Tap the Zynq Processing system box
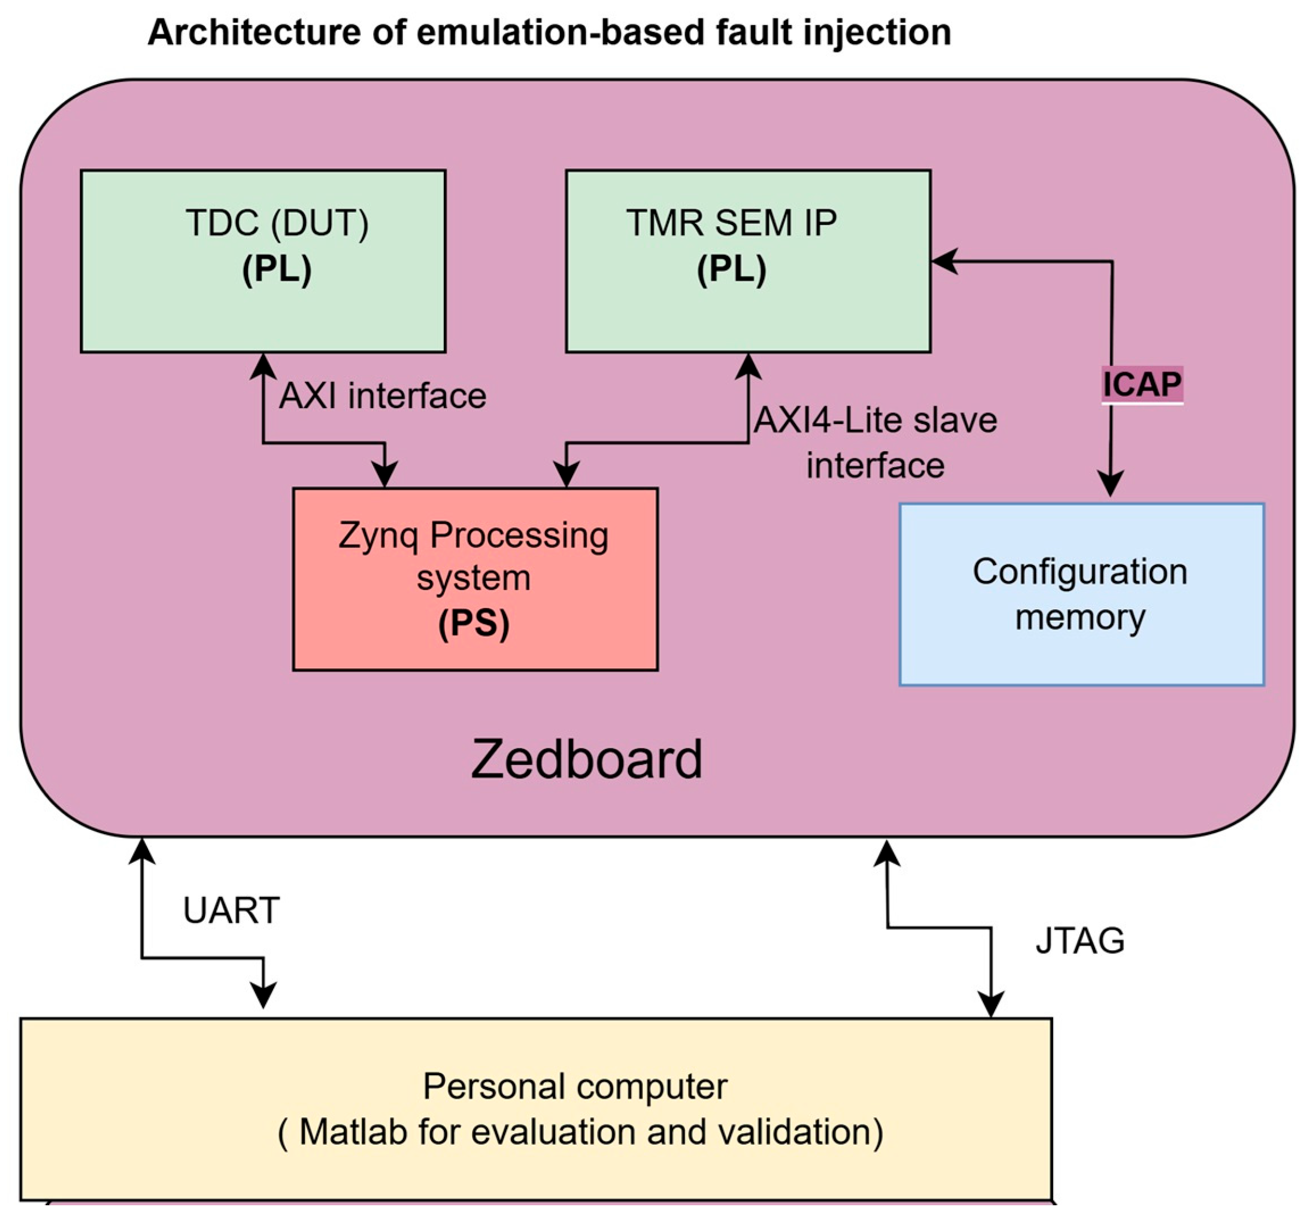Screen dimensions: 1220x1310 click(475, 580)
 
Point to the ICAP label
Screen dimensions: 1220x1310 click(1142, 385)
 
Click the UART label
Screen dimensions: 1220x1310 click(231, 911)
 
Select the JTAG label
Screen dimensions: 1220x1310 click(1080, 941)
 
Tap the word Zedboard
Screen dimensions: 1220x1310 click(586, 759)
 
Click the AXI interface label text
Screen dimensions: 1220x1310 click(382, 397)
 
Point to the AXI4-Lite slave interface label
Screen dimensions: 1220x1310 click(875, 443)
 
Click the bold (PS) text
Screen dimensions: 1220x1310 click(474, 623)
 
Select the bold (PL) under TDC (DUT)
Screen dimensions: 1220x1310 click(276, 269)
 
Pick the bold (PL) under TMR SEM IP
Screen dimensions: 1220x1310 click(731, 269)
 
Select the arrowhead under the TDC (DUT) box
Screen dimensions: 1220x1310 click(263, 366)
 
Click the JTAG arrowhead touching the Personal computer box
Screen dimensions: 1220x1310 click(991, 1004)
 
